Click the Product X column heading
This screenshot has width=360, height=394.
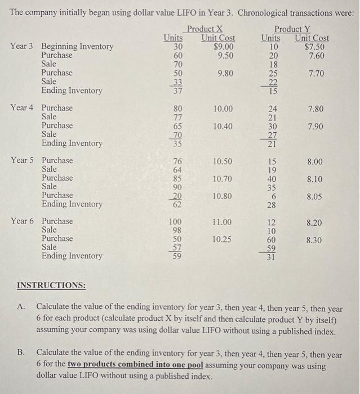point(205,29)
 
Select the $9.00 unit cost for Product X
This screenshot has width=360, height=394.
point(221,47)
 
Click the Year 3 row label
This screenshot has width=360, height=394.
point(23,47)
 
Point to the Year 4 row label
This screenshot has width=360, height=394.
point(23,108)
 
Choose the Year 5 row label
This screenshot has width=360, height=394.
point(23,160)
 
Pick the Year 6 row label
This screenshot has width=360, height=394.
point(23,221)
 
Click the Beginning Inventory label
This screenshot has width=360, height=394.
point(77,47)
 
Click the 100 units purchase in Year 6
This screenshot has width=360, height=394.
point(176,221)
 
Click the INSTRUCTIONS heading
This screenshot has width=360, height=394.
point(51,285)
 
